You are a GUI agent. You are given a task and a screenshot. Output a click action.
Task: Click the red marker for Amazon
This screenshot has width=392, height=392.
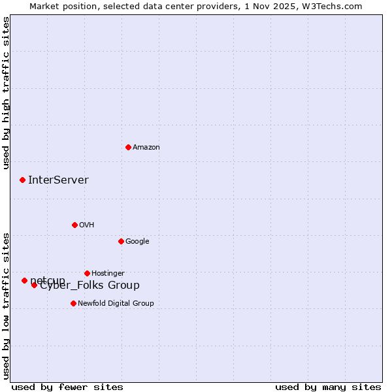click(128, 147)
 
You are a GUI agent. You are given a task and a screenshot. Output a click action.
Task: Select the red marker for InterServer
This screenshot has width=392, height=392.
click(22, 180)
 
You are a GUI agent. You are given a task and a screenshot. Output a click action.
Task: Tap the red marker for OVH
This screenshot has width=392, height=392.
click(74, 225)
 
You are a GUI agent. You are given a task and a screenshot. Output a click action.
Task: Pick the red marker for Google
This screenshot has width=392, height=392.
click(121, 241)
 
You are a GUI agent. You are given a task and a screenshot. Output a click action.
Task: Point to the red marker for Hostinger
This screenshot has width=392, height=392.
click(87, 273)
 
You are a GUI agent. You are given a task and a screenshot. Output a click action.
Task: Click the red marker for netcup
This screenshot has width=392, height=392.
click(24, 280)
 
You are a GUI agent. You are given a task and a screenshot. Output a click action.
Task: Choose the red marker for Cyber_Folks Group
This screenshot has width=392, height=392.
click(34, 285)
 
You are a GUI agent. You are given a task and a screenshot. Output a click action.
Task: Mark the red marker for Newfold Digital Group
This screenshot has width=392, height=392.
click(73, 303)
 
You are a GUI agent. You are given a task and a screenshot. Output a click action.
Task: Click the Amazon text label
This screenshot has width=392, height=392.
click(146, 148)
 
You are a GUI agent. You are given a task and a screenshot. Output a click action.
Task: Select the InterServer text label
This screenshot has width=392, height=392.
click(58, 180)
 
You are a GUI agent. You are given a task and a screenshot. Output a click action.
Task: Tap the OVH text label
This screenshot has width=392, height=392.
click(87, 225)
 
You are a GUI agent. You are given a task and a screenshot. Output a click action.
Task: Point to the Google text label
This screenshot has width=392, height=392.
click(137, 242)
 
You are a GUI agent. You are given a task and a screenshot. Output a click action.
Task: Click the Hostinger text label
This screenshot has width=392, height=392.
click(108, 274)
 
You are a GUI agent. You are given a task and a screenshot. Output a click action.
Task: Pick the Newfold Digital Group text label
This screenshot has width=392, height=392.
click(116, 304)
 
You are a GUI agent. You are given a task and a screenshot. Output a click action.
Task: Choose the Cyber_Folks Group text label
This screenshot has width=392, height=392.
click(90, 286)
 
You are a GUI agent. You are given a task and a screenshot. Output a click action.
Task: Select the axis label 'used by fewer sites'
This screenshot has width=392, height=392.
click(67, 387)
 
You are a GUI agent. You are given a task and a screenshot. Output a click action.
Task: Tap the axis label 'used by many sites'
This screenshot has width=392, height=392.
click(328, 387)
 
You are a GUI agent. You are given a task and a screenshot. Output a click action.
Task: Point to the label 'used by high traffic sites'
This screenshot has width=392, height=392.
click(7, 93)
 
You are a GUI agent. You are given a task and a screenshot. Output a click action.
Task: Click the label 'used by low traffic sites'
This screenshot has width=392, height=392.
click(7, 306)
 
